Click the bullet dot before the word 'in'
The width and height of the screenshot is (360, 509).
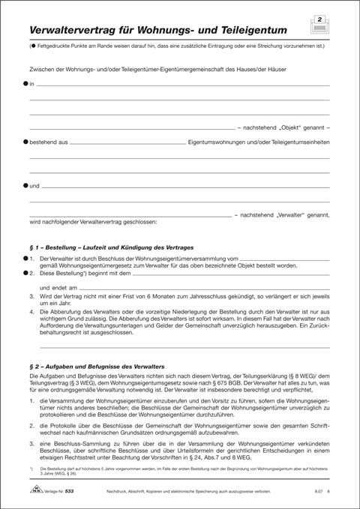pos(25,85)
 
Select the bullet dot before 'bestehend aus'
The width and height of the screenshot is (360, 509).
pos(25,140)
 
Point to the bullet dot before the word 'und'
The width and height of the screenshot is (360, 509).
pos(25,184)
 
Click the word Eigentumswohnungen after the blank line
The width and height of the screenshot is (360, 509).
pos(222,141)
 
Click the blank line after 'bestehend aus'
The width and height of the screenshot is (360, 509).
pos(127,141)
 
